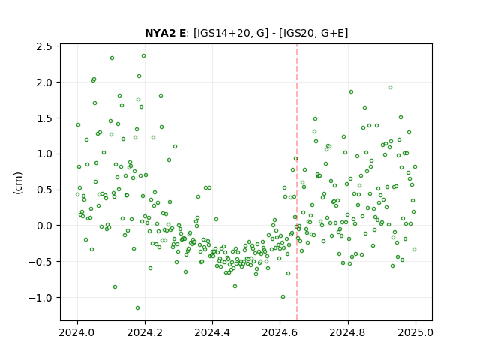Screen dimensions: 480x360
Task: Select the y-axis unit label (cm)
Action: click(18, 183)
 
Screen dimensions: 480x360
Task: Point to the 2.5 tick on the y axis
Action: click(45, 46)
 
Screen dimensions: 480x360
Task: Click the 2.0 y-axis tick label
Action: click(45, 82)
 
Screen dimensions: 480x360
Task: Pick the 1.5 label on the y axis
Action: click(45, 118)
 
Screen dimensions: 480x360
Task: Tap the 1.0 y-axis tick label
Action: click(45, 154)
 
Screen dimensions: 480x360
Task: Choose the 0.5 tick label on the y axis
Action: click(45, 190)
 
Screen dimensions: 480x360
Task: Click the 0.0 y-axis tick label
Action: click(45, 226)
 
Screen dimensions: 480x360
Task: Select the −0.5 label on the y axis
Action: click(41, 262)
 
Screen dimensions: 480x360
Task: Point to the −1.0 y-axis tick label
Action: click(41, 297)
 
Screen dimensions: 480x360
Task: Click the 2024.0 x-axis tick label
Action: click(77, 332)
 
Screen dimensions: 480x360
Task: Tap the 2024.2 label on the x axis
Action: click(145, 332)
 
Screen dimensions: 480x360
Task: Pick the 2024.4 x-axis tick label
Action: click(212, 332)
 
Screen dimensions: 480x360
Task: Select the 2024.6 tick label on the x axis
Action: click(280, 332)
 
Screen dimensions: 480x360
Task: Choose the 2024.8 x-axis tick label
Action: click(347, 332)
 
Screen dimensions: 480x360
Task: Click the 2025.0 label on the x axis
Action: click(415, 332)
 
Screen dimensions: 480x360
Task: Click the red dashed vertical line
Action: click(297, 182)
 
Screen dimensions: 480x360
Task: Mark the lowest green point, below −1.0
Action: click(137, 307)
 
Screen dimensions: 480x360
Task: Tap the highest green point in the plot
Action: click(143, 56)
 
